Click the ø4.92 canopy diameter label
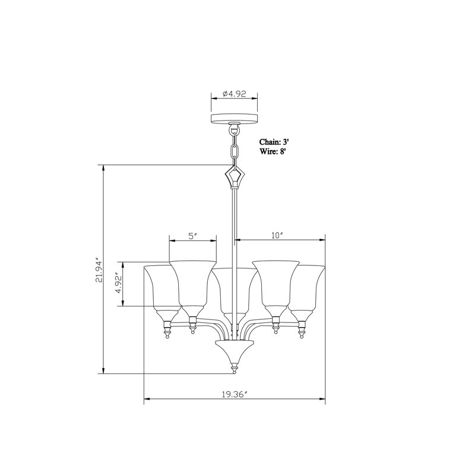tap(234, 94)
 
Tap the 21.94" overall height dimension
tap(99, 270)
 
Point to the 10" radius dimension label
tap(277, 235)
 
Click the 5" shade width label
tap(193, 236)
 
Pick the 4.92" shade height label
tap(119, 284)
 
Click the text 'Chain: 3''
tap(273, 142)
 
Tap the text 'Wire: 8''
tap(273, 151)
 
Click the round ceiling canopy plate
tap(234, 118)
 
